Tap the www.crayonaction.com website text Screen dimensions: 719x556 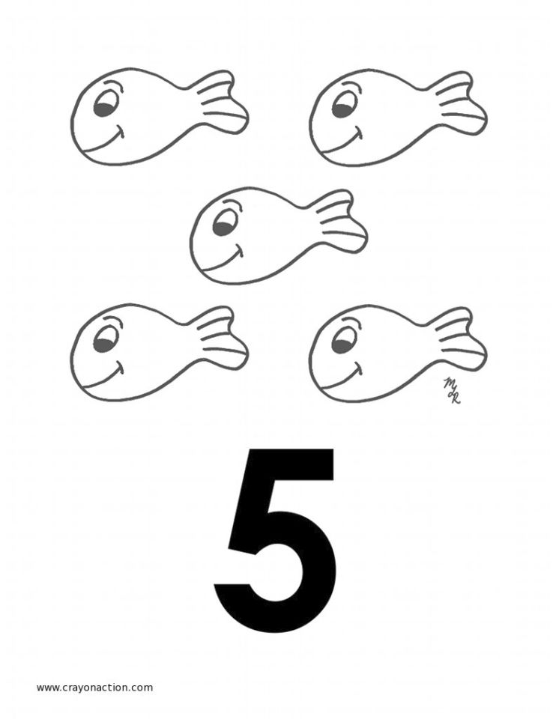[x=94, y=688]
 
